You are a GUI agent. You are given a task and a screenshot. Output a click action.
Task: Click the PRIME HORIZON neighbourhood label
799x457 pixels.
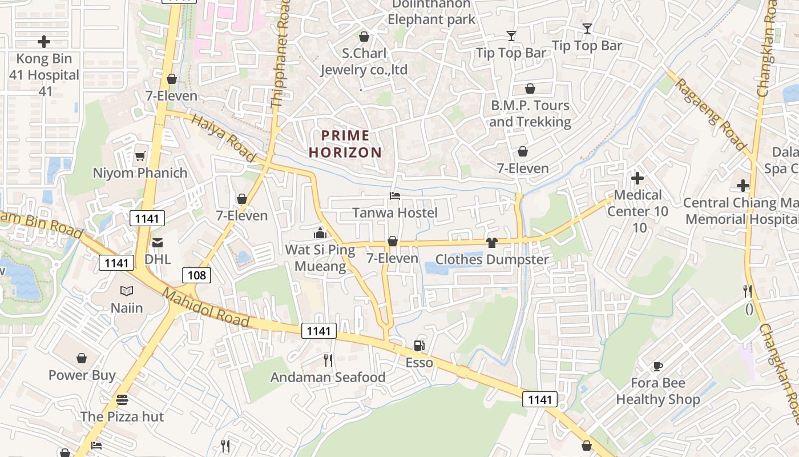click(345, 144)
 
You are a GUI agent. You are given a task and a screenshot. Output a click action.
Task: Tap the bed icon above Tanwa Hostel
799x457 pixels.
click(394, 196)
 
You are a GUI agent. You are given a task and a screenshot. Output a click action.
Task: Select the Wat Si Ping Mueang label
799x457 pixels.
click(320, 258)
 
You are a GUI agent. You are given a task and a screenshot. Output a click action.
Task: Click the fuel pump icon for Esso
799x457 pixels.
click(419, 346)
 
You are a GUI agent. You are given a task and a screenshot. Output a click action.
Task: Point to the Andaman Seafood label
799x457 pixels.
click(328, 377)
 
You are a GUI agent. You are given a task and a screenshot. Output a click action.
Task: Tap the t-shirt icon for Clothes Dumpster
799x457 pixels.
click(491, 243)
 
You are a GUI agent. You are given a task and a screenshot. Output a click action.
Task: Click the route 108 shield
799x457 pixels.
click(197, 275)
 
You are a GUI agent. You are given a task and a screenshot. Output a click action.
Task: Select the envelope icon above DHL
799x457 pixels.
click(158, 243)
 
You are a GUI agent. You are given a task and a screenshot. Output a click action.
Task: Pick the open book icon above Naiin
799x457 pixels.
click(127, 291)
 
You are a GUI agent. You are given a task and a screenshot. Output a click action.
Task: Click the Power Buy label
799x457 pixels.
click(82, 375)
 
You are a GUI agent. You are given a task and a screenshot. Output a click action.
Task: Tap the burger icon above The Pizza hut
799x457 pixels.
click(122, 400)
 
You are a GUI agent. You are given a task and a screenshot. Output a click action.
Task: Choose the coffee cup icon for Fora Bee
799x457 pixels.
click(657, 366)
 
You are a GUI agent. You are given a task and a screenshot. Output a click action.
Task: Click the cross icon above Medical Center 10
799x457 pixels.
click(637, 178)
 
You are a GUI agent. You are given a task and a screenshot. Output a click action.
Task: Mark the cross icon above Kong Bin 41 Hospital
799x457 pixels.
click(44, 42)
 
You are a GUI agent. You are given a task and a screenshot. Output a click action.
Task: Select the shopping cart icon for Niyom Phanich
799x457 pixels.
click(140, 156)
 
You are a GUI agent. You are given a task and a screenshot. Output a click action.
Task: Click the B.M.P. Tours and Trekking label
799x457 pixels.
click(530, 114)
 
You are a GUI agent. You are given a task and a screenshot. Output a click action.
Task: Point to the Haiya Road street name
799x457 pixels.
click(223, 138)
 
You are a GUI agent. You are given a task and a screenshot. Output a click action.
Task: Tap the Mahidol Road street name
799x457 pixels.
click(206, 308)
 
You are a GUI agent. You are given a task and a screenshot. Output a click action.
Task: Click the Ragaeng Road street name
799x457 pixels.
click(711, 114)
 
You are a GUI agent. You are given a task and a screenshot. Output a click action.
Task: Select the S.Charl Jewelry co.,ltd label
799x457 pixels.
click(364, 62)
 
